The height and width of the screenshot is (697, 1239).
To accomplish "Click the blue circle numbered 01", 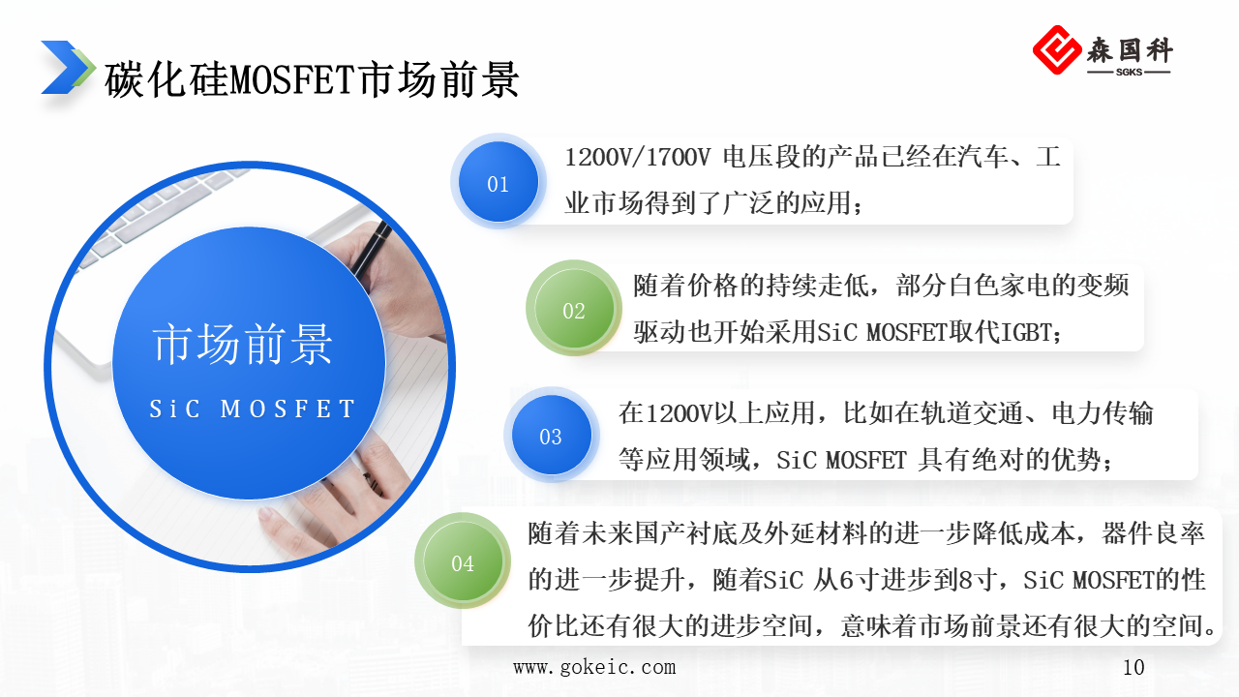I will [498, 183].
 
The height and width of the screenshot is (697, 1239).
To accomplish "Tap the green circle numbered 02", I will [574, 310].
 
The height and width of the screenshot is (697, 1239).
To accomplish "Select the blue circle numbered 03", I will [551, 437].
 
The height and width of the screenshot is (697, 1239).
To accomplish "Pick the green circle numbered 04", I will [463, 562].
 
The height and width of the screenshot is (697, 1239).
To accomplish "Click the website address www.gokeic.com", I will [594, 667].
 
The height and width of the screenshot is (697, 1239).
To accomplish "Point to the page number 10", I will [1133, 667].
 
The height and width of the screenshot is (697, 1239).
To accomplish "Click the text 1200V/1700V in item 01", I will [638, 158].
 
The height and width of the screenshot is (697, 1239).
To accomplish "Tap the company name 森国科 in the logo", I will [1129, 48].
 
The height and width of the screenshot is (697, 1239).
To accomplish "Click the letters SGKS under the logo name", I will [1129, 72].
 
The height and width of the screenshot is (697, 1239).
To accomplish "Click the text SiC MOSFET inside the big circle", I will [253, 409].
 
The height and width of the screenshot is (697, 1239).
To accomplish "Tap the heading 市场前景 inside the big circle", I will [243, 345].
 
